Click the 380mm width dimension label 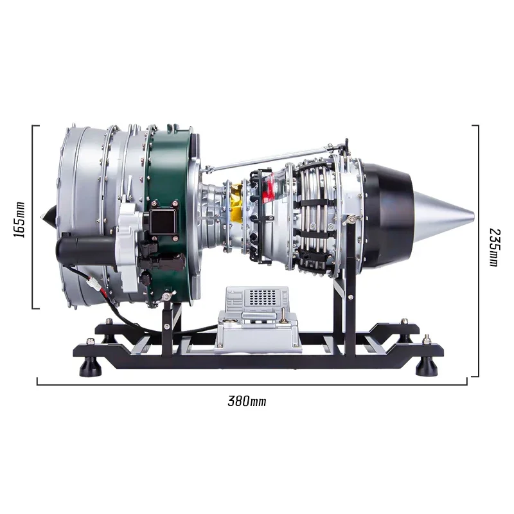click(x=247, y=401)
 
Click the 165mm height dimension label click(x=19, y=220)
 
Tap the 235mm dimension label click(x=494, y=247)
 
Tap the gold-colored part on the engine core click(x=236, y=202)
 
